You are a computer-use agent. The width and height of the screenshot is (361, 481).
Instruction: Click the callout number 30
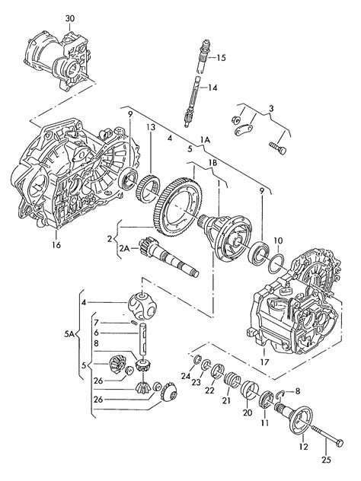click(x=69, y=18)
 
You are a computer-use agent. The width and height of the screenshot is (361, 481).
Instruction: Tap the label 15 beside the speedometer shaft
click(x=221, y=58)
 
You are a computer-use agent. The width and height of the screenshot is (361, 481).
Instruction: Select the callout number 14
click(x=212, y=88)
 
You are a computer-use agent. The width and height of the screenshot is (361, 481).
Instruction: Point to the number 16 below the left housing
click(x=56, y=245)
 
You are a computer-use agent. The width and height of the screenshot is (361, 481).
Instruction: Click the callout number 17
click(x=264, y=362)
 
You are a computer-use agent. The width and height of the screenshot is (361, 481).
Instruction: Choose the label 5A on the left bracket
click(x=69, y=335)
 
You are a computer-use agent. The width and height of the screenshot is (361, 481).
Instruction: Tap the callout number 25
click(x=327, y=460)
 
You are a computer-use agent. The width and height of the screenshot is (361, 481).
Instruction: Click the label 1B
click(x=212, y=163)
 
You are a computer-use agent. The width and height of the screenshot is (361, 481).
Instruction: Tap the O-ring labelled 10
click(x=276, y=263)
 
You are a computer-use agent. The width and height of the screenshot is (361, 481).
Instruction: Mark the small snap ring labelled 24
click(x=197, y=359)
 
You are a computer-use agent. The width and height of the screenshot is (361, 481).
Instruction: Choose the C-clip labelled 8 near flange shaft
click(x=280, y=396)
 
